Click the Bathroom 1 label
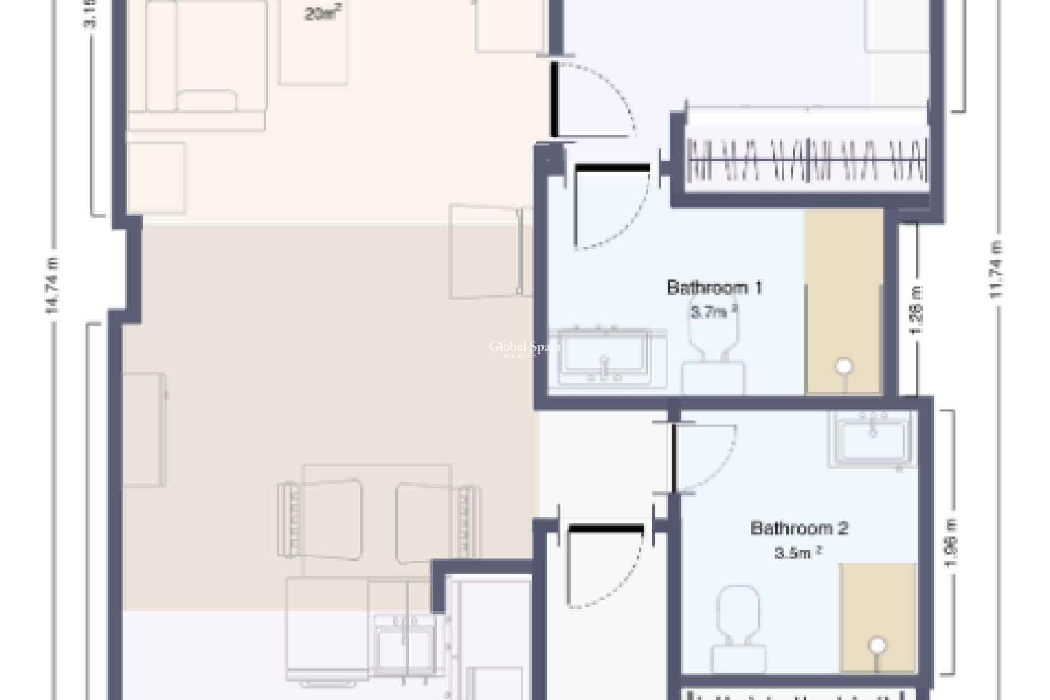click(x=714, y=288)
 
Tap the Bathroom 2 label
click(x=799, y=528)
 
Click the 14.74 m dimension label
click(x=52, y=285)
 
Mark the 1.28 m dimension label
click(x=917, y=310)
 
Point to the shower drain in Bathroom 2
click(x=878, y=645)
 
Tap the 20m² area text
click(x=320, y=14)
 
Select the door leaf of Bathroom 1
click(x=611, y=167)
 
